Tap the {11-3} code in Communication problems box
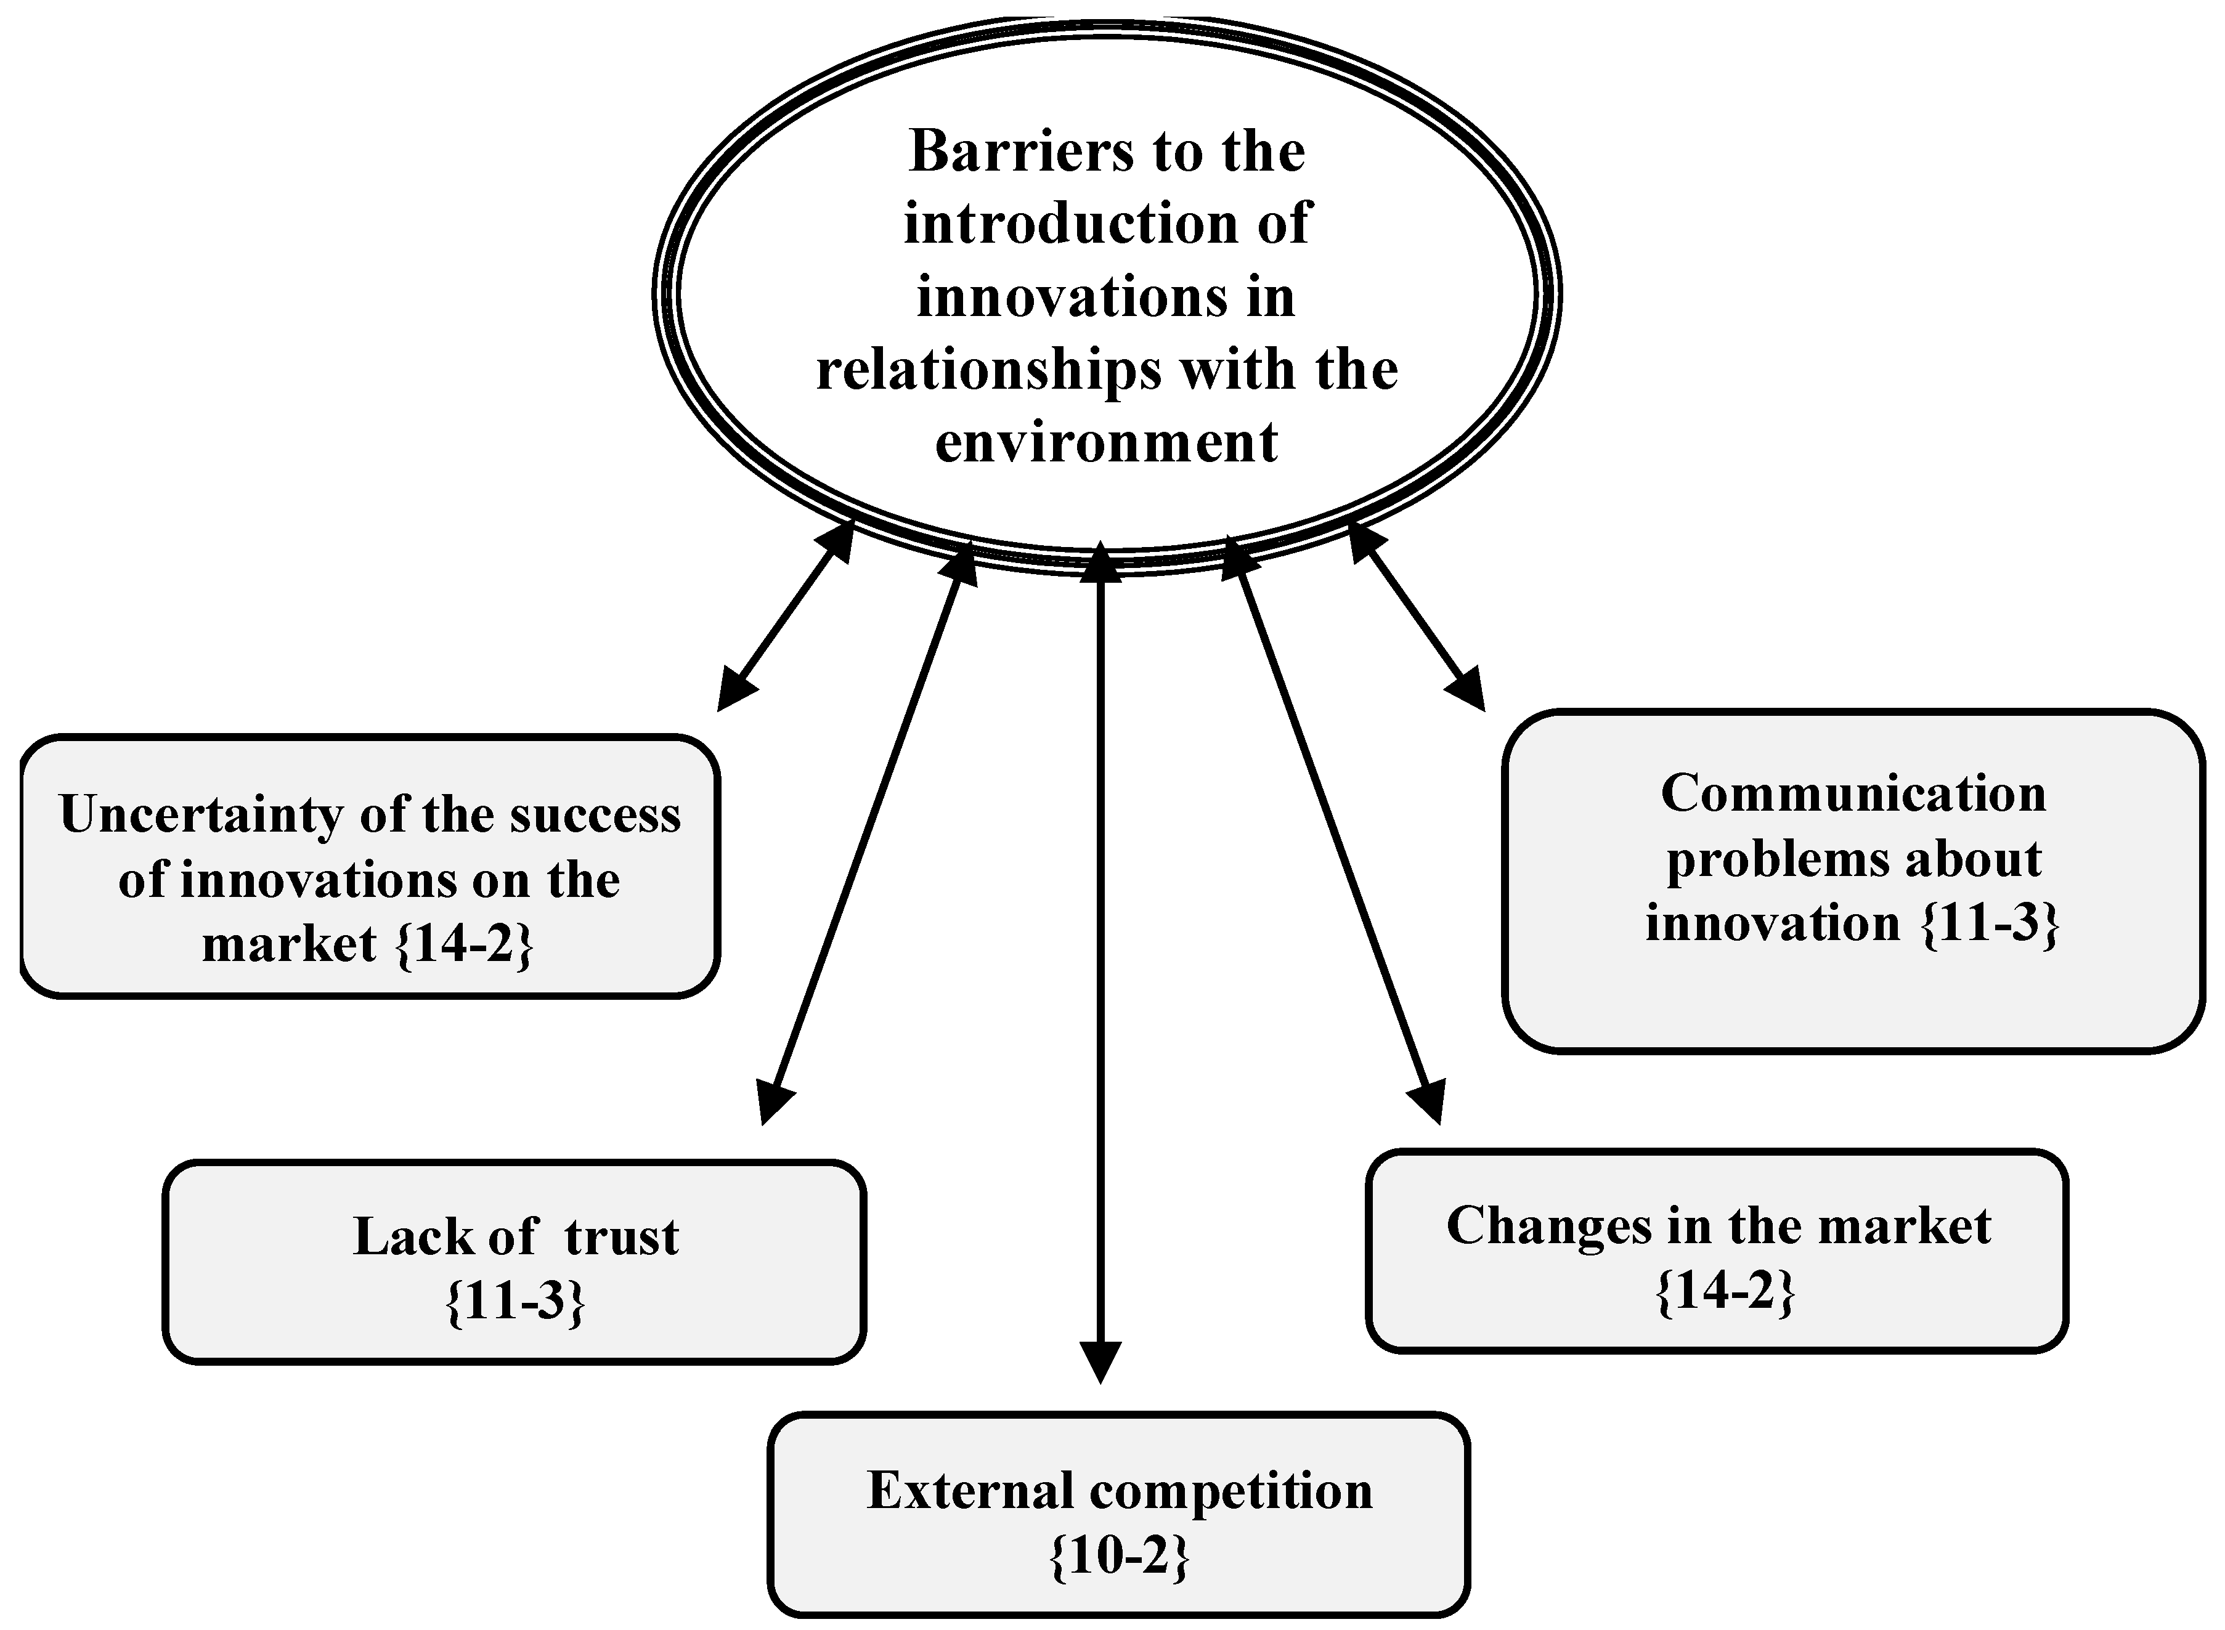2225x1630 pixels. [1990, 925]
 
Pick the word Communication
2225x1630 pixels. [1853, 793]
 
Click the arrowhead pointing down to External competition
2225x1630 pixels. [1100, 1361]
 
